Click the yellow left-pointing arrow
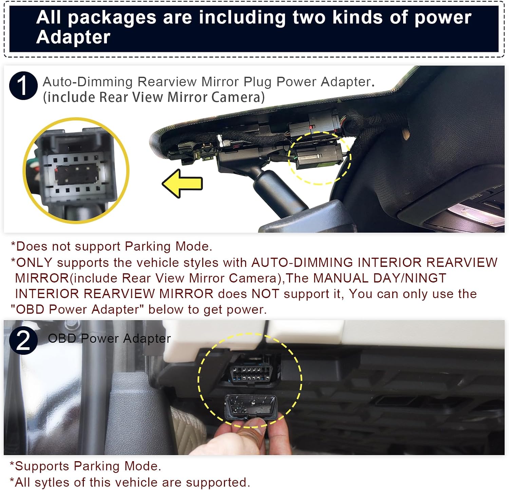[x=182, y=183]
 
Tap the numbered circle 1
[x=23, y=85]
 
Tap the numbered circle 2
[x=23, y=340]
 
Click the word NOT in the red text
[x=265, y=294]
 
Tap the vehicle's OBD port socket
[x=251, y=374]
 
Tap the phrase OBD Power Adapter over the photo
[x=109, y=338]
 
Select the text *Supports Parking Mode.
[x=86, y=466]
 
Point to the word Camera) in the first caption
[x=238, y=97]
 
